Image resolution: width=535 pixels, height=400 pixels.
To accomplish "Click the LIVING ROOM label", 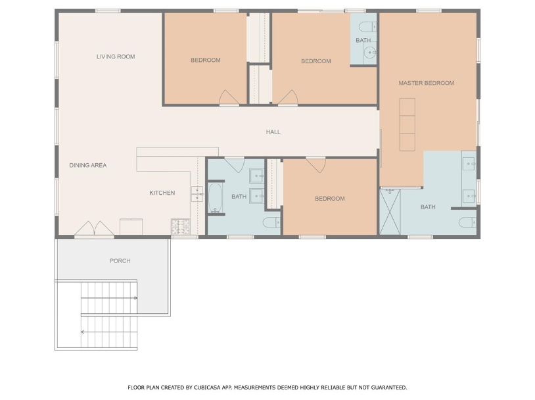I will point(116,57).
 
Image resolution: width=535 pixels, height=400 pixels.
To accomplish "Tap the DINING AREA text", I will point(88,165).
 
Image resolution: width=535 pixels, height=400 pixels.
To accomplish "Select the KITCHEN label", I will point(162,193).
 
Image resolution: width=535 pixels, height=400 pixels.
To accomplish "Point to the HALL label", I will point(273,132).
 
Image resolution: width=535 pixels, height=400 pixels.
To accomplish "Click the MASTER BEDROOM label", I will point(426,83).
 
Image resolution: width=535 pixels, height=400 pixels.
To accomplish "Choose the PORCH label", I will point(120,261).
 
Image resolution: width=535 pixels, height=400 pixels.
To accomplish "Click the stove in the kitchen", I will point(179,227).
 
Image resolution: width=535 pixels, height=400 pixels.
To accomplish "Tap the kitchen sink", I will point(197,194).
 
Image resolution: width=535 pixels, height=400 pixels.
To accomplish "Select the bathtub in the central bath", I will point(216,198).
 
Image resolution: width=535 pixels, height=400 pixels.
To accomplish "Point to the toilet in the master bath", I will point(467,222).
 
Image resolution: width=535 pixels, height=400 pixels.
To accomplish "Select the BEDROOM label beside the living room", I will point(206,60).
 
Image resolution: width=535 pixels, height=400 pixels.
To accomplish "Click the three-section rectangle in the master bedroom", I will point(407,124).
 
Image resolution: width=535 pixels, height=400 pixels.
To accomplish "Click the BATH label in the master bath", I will point(428,207).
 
